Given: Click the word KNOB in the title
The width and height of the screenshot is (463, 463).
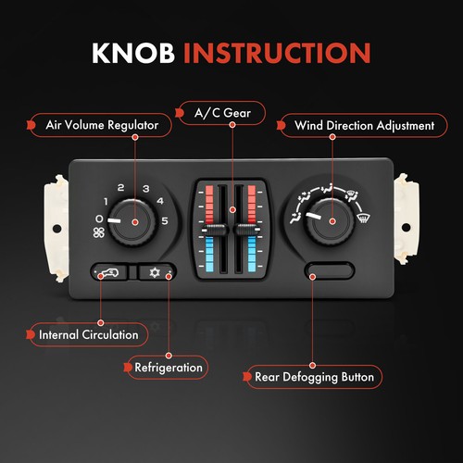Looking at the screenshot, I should click(x=133, y=53).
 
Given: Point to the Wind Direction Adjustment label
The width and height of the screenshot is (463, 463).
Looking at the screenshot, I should click(x=353, y=124).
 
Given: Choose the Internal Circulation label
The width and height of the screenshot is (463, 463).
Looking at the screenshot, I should click(x=87, y=333).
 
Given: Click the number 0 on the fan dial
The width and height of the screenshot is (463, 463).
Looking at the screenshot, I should click(x=99, y=219).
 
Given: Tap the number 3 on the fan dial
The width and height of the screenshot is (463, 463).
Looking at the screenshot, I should click(x=146, y=189).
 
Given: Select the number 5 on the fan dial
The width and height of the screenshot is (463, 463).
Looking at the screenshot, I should click(x=166, y=220).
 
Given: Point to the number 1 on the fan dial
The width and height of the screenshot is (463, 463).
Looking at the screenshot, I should click(x=106, y=202).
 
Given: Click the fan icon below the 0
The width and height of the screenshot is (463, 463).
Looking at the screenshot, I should click(x=99, y=232).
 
